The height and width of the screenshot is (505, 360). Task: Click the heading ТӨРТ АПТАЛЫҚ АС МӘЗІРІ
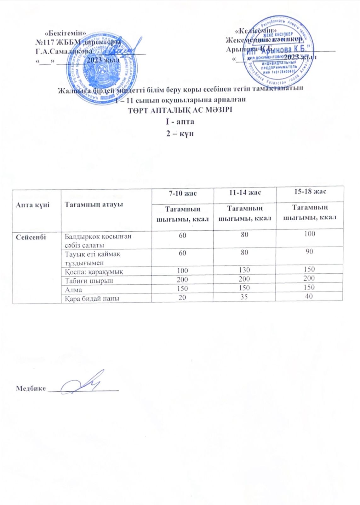(180, 111)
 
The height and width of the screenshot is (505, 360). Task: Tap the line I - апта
(180, 122)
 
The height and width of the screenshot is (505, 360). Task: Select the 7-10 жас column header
(183, 193)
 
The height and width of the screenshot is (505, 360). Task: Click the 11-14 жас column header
(245, 193)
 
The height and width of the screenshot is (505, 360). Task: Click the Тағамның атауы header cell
(94, 204)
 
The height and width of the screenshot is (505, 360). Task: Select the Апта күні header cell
(33, 205)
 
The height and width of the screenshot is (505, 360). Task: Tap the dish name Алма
(73, 290)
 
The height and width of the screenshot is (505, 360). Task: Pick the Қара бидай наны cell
(92, 298)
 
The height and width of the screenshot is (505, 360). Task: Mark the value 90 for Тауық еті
(309, 252)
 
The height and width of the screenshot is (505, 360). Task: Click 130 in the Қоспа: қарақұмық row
(244, 270)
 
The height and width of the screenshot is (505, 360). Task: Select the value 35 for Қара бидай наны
(244, 297)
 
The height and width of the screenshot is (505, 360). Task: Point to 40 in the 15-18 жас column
(309, 296)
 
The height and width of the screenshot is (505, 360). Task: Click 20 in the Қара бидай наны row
(182, 297)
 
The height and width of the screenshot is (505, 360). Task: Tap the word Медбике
(31, 389)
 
